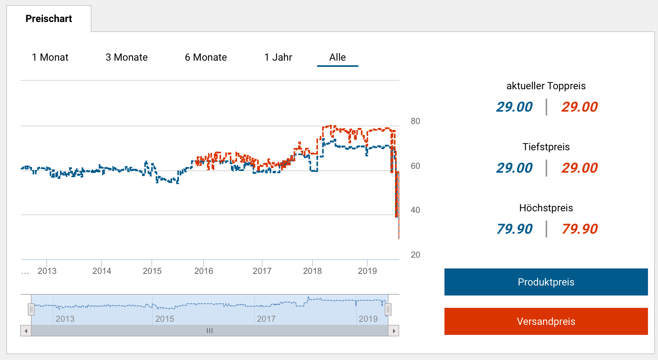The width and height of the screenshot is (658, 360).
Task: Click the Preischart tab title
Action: pos(49,19)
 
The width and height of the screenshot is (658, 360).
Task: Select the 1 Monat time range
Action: pos(50,57)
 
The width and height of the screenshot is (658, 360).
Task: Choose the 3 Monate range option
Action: pos(127,57)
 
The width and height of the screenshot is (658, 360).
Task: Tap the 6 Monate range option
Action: pos(206,57)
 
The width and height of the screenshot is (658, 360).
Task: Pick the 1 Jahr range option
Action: pos(278,57)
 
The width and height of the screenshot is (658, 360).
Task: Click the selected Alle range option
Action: pos(337,57)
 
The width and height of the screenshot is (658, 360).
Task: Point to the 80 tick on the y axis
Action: pos(415,121)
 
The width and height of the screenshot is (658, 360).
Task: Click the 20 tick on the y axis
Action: pos(415,255)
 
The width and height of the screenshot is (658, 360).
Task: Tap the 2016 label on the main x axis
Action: pos(204,271)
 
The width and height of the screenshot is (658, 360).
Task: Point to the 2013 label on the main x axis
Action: pos(47,271)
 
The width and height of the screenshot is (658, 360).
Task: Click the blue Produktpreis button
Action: pos(546,282)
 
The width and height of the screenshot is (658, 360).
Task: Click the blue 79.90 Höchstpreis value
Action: pos(514,229)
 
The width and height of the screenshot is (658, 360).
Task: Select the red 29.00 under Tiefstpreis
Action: pos(579,168)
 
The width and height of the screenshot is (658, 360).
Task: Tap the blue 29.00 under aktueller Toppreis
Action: pos(514,107)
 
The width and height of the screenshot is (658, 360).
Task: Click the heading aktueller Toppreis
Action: pos(546,86)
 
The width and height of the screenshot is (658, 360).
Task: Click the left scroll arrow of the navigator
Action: pos(26,331)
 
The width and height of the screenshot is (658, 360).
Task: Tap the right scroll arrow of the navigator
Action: pos(393,331)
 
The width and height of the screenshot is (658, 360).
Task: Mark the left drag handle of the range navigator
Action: pos(31,309)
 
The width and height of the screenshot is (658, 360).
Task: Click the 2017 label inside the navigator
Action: pos(266,319)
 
